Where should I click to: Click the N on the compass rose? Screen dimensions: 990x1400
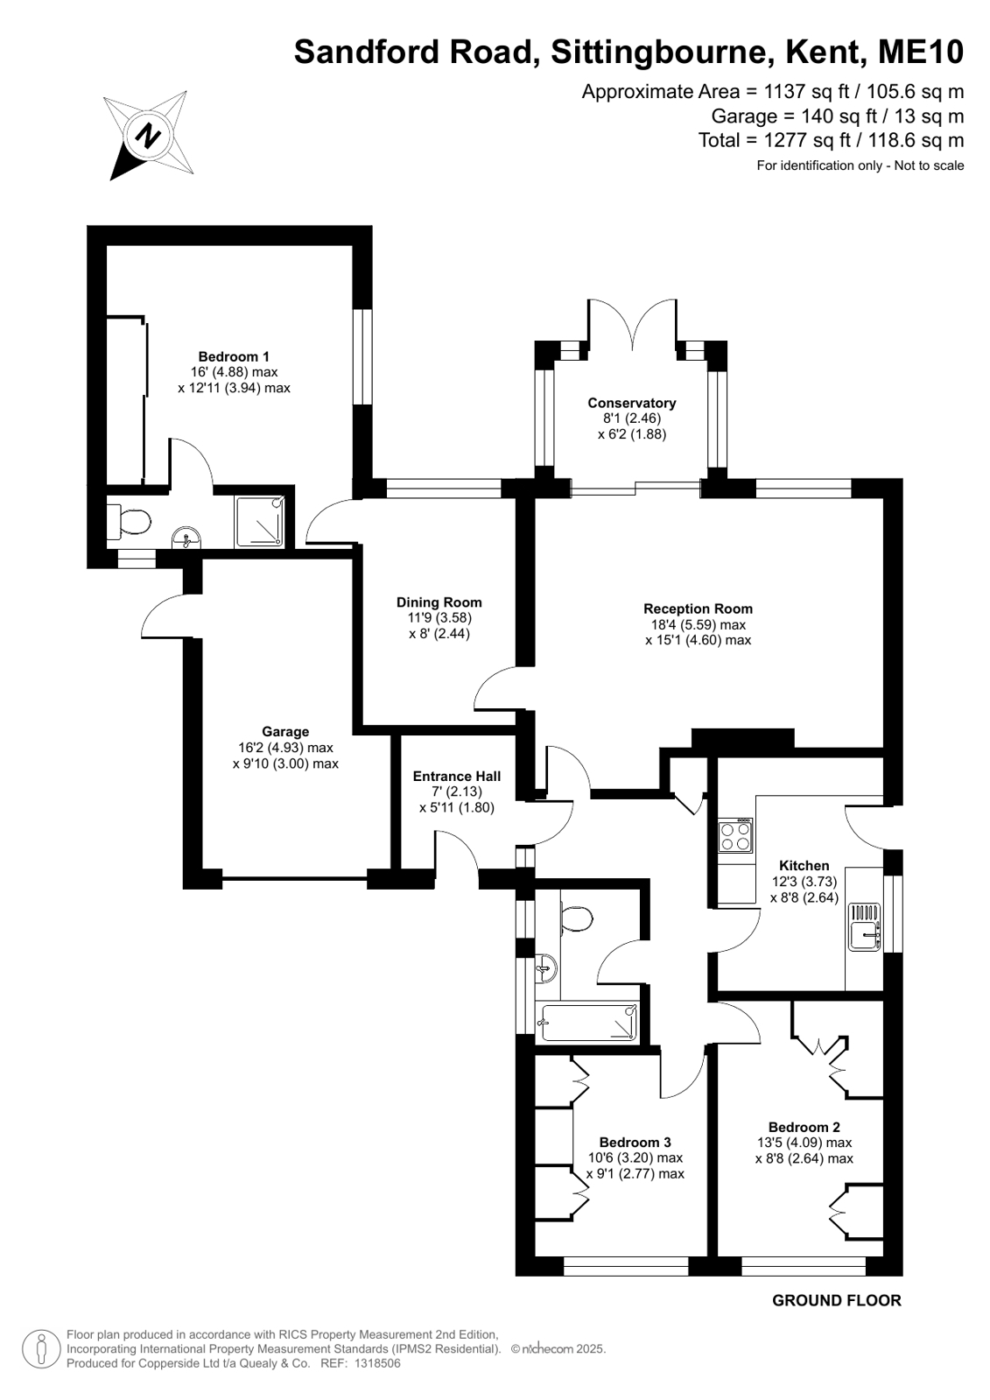[148, 134]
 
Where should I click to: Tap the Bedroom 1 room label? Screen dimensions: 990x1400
[234, 357]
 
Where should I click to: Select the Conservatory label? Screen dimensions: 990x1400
[632, 403]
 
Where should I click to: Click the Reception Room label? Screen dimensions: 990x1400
[699, 609]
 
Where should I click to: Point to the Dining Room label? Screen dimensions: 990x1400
[439, 602]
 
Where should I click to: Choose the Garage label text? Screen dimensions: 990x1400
[285, 732]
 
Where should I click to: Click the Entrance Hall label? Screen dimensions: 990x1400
[457, 777]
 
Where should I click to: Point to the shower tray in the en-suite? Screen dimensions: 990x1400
[259, 523]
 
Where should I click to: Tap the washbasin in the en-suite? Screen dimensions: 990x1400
[186, 538]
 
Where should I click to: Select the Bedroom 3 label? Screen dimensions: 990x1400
[635, 1143]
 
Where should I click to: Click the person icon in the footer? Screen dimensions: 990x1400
[41, 1348]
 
